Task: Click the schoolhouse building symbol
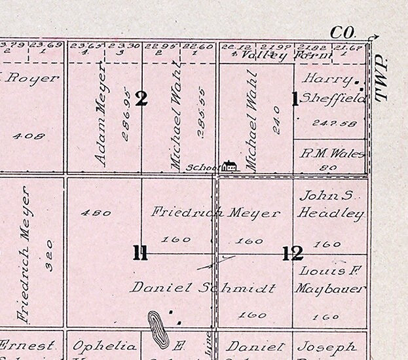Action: point(229,166)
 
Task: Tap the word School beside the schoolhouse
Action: point(204,168)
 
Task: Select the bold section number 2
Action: point(141,99)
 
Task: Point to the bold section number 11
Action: point(140,253)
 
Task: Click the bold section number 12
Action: point(292,253)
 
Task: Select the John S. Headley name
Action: point(330,204)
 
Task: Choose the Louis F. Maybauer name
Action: point(330,279)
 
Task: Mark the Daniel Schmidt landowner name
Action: point(194,287)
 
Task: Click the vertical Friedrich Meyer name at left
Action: point(24,255)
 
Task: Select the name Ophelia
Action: point(104,346)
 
